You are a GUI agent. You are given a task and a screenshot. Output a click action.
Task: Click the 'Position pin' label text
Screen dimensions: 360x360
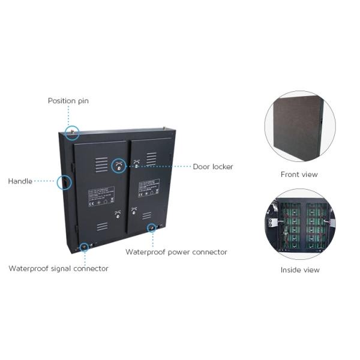[68, 101]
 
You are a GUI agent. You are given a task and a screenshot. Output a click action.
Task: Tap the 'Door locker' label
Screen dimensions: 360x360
[213, 166]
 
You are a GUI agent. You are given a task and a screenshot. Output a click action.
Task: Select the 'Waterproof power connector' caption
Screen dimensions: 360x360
[176, 252]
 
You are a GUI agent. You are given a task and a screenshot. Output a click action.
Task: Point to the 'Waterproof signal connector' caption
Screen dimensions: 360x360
[58, 268]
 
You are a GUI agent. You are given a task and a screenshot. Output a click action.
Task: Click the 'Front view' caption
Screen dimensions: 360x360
[299, 175]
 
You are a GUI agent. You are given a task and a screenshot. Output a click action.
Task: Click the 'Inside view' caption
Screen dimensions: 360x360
[300, 270]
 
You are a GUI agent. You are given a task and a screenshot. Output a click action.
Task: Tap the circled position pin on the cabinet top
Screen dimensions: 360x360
[72, 131]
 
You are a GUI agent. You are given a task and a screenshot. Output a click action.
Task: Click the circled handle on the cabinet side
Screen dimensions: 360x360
[64, 181]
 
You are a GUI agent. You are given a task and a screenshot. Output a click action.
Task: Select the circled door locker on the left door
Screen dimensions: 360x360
[119, 167]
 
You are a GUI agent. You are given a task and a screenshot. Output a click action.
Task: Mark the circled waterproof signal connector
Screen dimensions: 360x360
[84, 245]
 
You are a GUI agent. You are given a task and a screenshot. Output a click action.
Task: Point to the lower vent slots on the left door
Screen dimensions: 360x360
[102, 227]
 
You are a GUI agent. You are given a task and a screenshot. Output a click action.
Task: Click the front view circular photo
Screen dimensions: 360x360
[299, 126]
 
